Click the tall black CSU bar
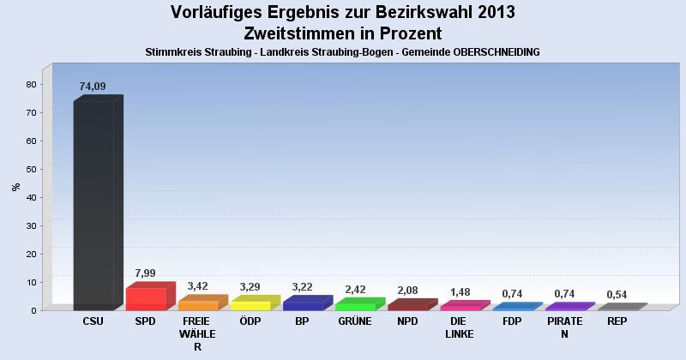[94, 206]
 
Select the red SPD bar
[146, 298]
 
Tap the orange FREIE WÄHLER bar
[198, 305]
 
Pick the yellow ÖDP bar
[250, 305]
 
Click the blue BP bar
[303, 305]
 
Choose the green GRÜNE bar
[355, 305]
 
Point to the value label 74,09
[93, 87]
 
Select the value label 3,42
[198, 286]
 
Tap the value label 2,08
[407, 290]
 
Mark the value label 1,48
[460, 291]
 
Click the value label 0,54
[617, 294]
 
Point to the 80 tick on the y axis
[32, 84]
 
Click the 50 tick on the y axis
[32, 169]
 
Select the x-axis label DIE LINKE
[460, 328]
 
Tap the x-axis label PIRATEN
[564, 328]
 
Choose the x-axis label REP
[617, 322]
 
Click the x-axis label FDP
[512, 322]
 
